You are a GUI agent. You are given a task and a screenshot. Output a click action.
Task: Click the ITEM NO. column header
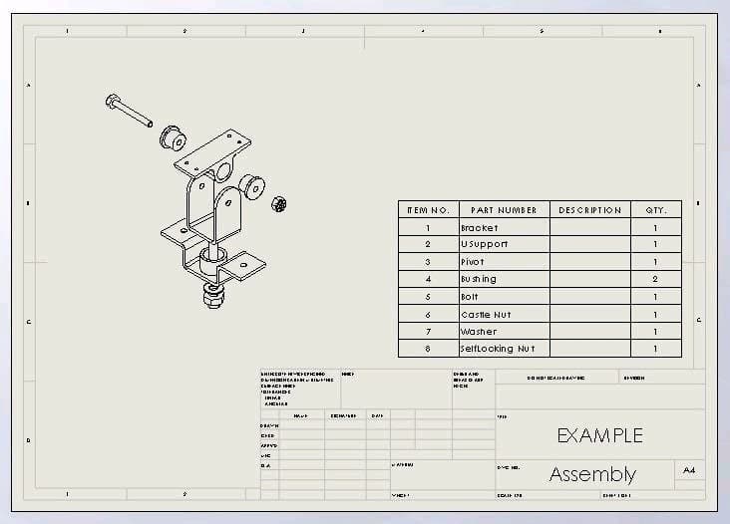tap(428, 210)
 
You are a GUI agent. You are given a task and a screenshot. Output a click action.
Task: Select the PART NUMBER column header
tap(504, 210)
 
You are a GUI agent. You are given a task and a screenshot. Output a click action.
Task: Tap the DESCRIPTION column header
tap(589, 210)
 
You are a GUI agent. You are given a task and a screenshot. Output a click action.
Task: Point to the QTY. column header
tap(655, 210)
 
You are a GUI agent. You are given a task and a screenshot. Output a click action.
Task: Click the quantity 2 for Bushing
tap(655, 279)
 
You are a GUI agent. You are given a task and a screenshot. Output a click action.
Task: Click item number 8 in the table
tap(428, 349)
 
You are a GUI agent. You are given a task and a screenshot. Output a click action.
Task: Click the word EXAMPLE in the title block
tap(599, 435)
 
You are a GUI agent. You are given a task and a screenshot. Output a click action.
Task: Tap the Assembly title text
tap(592, 474)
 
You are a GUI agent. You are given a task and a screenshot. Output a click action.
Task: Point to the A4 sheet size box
tap(689, 469)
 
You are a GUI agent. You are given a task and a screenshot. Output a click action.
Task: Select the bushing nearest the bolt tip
tap(174, 136)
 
